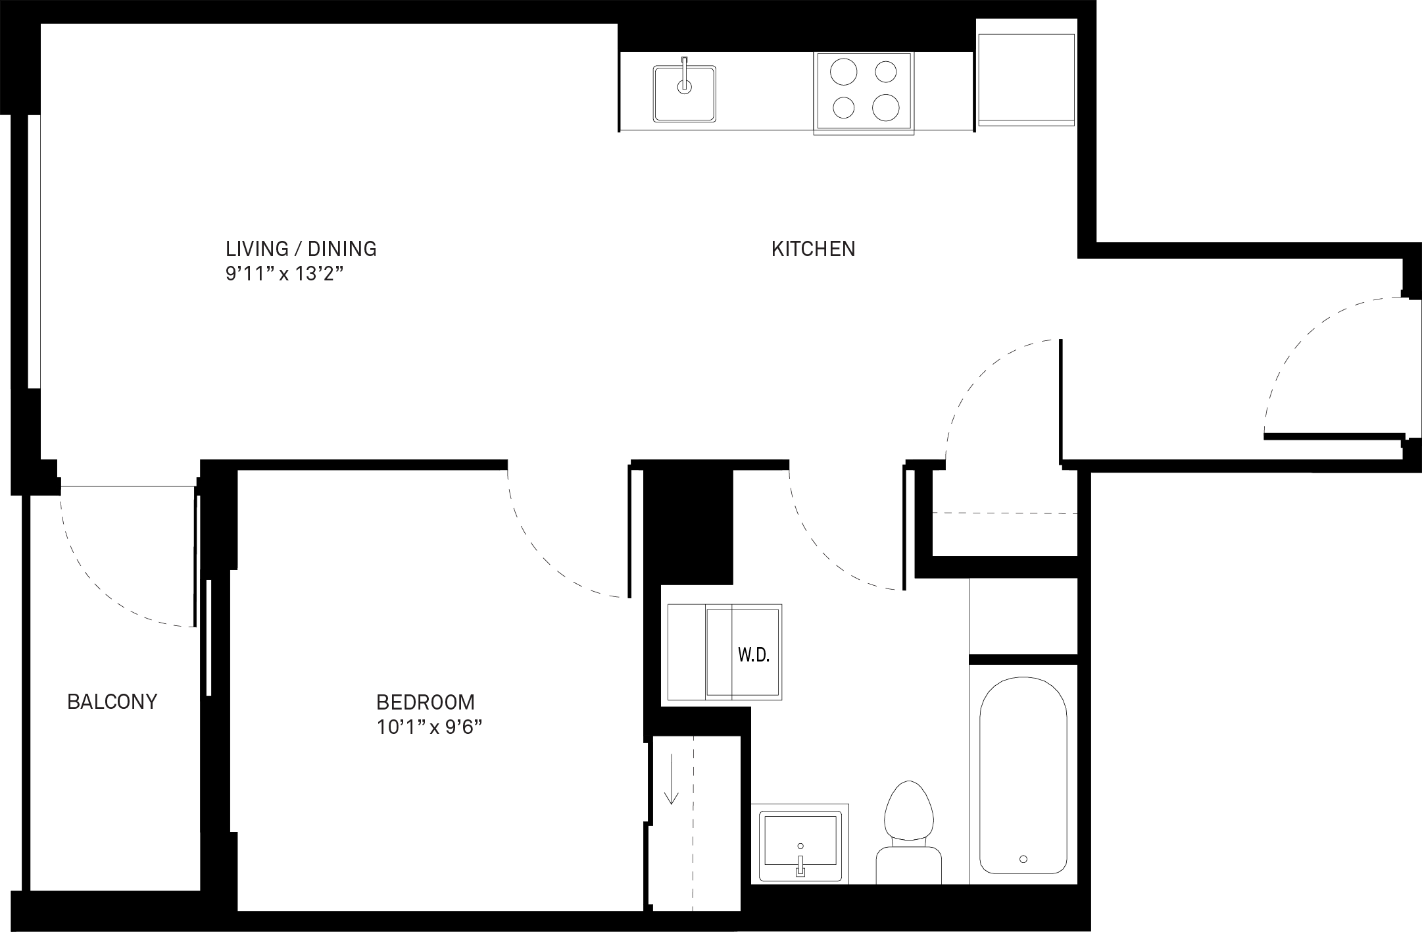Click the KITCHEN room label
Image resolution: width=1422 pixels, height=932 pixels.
point(813,249)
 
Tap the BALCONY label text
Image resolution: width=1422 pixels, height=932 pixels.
point(112,702)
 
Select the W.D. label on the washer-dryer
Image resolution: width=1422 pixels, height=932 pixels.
point(753,655)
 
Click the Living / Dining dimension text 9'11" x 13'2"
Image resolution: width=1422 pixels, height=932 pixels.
point(285,274)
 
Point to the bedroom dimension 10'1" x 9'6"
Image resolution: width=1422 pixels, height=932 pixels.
point(429,727)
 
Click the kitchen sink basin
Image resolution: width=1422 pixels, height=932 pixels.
point(684,93)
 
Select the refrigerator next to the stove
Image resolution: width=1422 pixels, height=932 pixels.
point(1026,79)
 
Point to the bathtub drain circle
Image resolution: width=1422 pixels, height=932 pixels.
point(1023,859)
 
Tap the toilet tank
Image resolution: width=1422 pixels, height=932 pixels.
point(908,865)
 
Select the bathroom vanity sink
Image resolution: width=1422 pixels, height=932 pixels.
point(800,844)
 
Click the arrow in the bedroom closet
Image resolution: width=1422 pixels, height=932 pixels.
point(671,780)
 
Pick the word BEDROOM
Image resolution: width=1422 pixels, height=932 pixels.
point(425,702)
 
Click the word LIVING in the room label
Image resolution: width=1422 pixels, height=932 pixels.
point(257,249)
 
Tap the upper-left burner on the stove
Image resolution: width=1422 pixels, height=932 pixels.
point(843,72)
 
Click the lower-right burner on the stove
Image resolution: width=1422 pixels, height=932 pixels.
point(886,107)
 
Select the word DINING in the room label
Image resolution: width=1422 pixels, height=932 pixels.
point(342,249)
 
